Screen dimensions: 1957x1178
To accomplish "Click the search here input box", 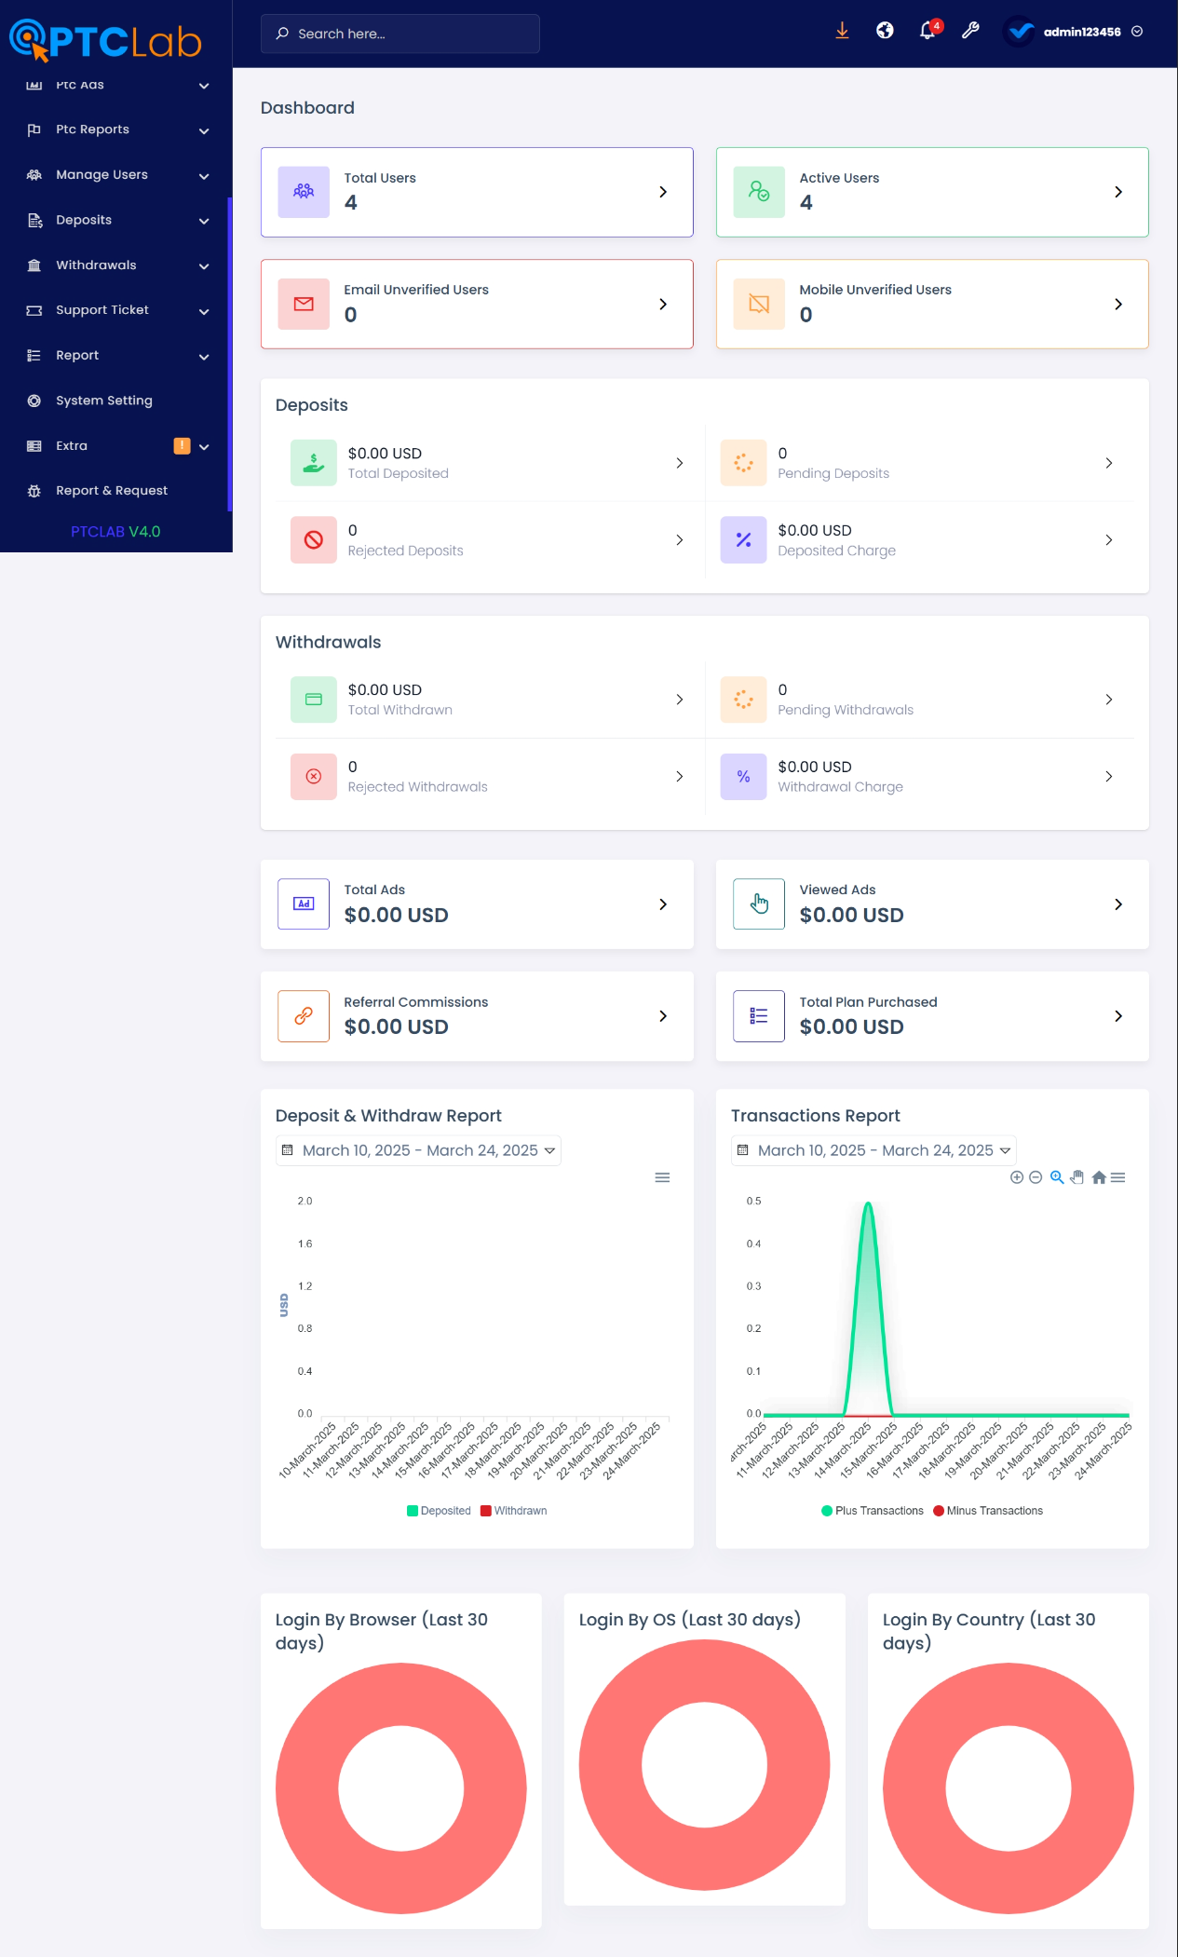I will point(400,34).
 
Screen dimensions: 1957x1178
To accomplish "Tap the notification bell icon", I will point(928,31).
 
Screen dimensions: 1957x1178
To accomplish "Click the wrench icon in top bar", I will point(970,31).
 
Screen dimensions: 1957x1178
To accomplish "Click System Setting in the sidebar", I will point(103,401).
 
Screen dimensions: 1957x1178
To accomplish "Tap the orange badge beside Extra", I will point(182,446).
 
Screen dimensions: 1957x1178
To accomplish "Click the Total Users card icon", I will point(304,192).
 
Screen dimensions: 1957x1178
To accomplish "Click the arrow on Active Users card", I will point(1118,192).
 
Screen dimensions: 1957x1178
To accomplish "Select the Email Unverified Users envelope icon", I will point(304,304).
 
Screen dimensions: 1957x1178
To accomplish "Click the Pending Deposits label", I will point(833,474).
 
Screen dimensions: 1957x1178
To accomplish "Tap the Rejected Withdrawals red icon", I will point(314,777).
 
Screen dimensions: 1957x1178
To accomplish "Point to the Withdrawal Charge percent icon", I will point(743,777).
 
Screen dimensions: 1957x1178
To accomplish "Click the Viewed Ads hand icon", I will point(759,904).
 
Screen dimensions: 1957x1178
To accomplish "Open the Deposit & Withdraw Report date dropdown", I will point(418,1150).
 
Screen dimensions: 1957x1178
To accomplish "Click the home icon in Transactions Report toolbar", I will point(1099,1177).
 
